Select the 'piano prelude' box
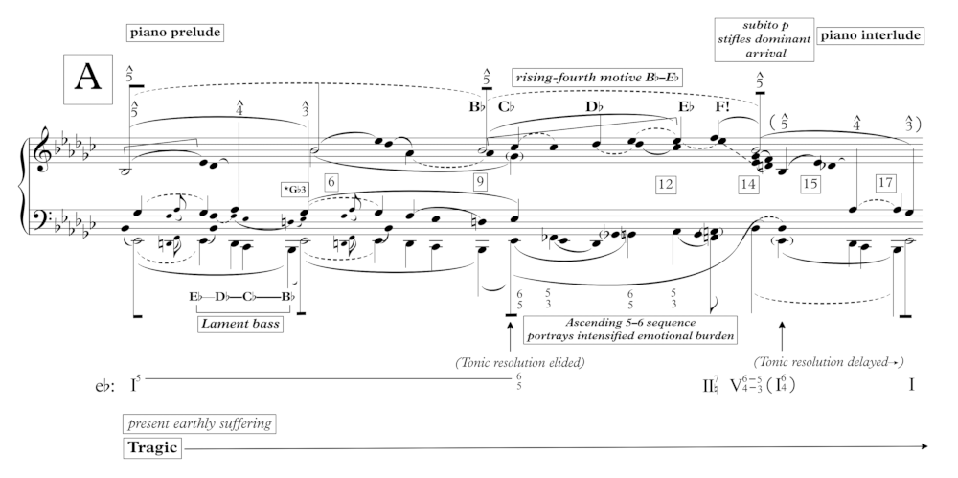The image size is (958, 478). (173, 33)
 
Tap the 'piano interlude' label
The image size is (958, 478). (872, 35)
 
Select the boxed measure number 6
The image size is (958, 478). (331, 179)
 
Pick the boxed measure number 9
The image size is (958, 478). (480, 179)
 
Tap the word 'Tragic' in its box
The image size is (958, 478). (151, 446)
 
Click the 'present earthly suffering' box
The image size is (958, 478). (196, 421)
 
